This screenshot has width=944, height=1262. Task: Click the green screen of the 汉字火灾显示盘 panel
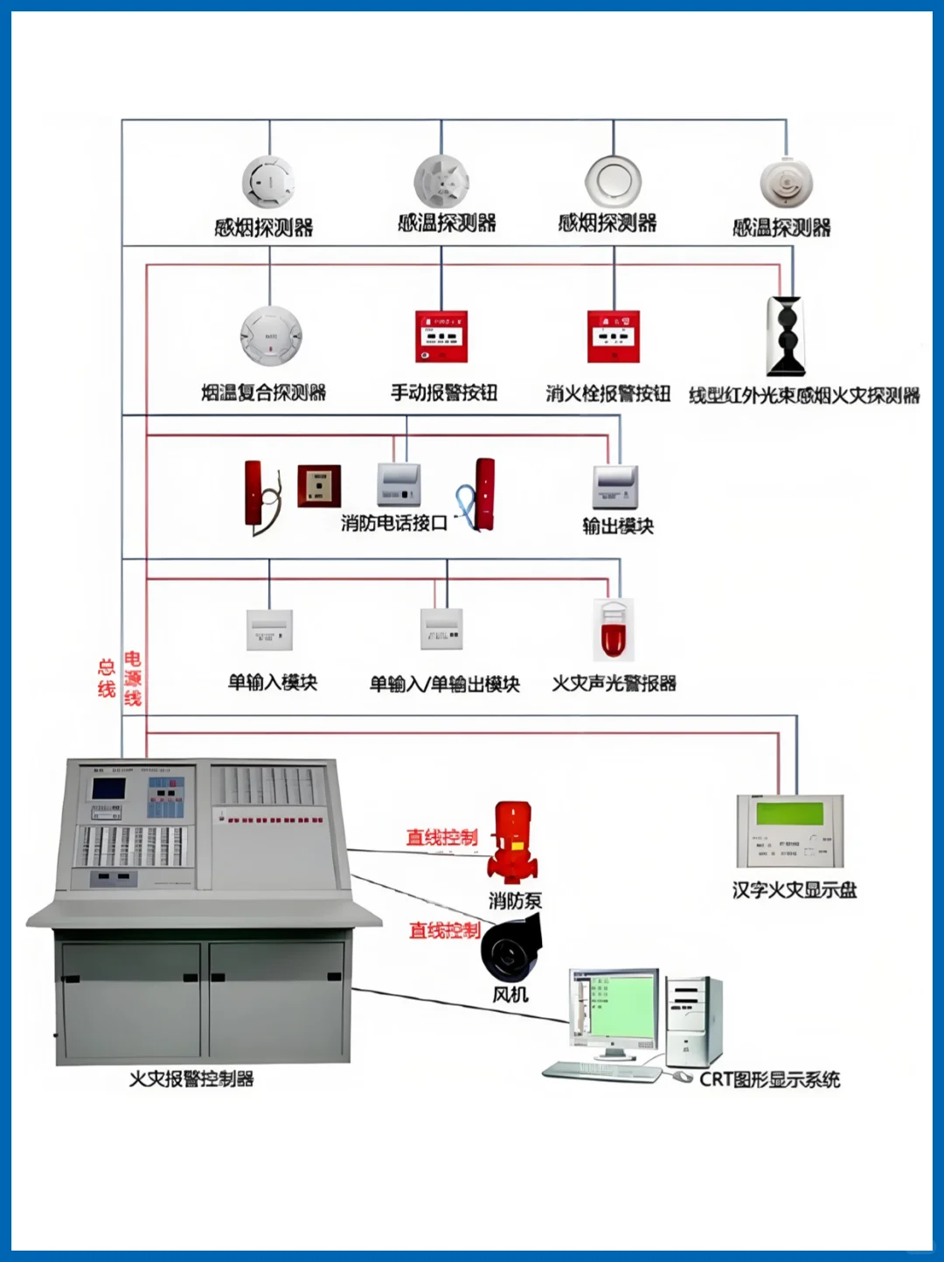(x=789, y=813)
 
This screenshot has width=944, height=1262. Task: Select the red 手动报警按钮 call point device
(x=441, y=337)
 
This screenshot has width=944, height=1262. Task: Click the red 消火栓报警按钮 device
(x=613, y=337)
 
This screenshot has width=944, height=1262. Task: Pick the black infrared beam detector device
(x=786, y=337)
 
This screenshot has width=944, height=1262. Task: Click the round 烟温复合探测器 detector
(x=271, y=336)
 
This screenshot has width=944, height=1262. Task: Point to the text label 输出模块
(x=618, y=526)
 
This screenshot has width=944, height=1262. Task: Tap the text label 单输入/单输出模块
(x=444, y=684)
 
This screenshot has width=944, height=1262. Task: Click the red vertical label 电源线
(x=133, y=678)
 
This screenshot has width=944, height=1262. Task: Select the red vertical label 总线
(x=107, y=678)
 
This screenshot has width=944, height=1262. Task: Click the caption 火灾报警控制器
(x=191, y=1079)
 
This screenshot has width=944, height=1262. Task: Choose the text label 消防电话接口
(x=394, y=523)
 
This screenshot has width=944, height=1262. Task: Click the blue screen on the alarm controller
(x=108, y=788)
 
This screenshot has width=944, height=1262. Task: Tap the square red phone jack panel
(x=318, y=486)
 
